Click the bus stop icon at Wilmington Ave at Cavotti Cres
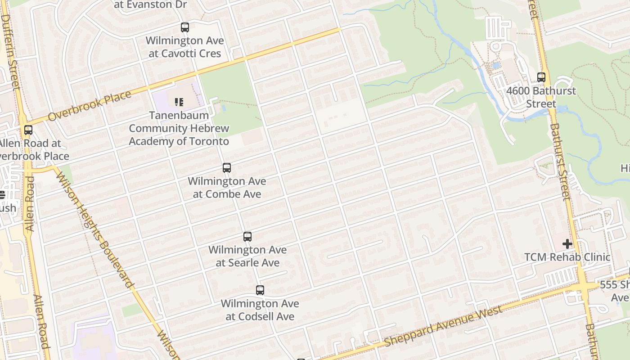pos(185,27)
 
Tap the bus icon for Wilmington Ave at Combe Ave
pos(227,168)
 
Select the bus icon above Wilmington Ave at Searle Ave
pos(247,237)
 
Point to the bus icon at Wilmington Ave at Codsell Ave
pos(260,290)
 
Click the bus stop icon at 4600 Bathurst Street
pos(541,77)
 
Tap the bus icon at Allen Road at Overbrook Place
pos(28,130)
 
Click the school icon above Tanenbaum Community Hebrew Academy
pos(179,102)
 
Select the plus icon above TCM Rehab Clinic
pos(567,244)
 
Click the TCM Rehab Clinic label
pos(567,257)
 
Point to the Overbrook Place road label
pos(90,106)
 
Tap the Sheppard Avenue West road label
pos(443,327)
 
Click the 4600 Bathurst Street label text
pos(541,97)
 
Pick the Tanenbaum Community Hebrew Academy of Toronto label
pos(179,128)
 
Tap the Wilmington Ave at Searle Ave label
pos(247,256)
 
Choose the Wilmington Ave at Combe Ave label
pos(227,188)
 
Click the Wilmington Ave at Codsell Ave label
pos(260,310)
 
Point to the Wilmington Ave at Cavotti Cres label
pos(184,47)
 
